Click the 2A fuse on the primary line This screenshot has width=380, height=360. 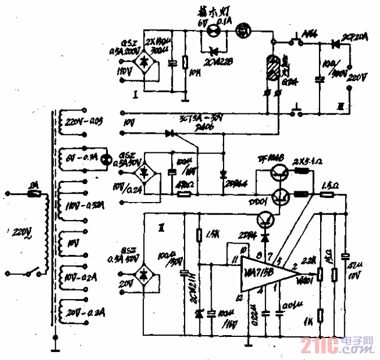coord(33,193)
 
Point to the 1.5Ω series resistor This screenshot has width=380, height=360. coord(326,195)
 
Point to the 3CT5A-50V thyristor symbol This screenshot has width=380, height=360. coord(169,134)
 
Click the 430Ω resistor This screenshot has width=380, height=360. coord(184,194)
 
